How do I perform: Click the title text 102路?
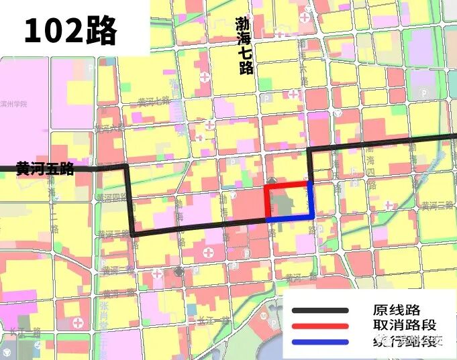(x=70, y=30)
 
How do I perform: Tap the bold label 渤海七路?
(x=243, y=46)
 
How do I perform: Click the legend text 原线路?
(x=396, y=310)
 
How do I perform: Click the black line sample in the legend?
(x=320, y=310)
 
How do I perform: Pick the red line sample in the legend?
(x=320, y=326)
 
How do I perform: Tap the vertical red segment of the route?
(x=267, y=201)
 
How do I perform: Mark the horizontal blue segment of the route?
(x=290, y=218)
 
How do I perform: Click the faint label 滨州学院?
(x=14, y=105)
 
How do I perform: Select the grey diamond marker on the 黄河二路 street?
(x=178, y=271)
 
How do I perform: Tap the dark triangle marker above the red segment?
(x=271, y=180)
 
